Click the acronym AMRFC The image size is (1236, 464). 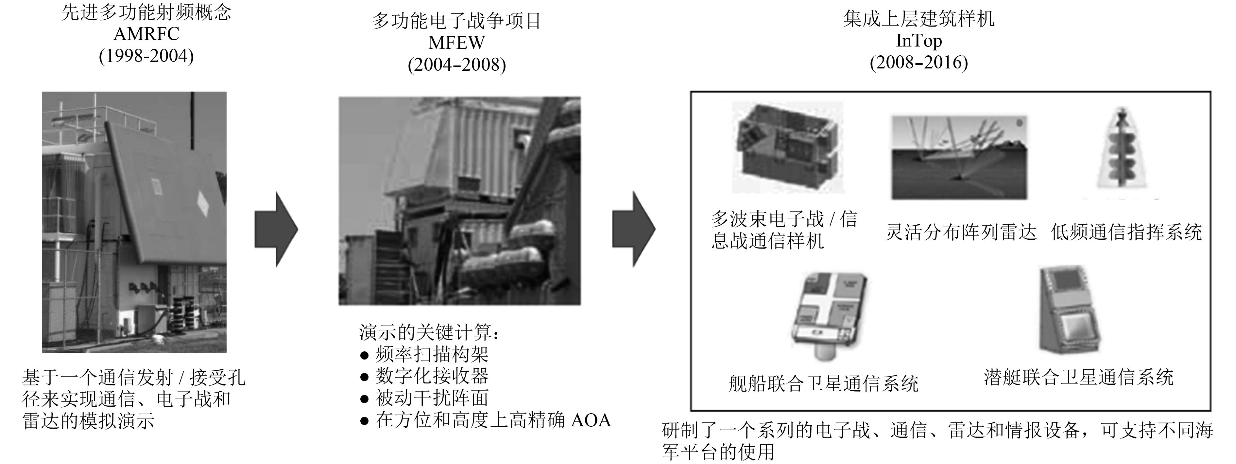pos(146,34)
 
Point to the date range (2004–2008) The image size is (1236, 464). pos(457,65)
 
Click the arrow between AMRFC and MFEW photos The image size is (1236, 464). pos(276,230)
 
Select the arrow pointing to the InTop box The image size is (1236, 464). pos(634,229)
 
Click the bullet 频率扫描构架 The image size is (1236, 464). pos(425,355)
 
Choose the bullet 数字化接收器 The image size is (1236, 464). pos(425,376)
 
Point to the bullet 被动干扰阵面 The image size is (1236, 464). pos(425,398)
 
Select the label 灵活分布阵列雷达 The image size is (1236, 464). pos(961,232)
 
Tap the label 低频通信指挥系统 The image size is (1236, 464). pos(1126,232)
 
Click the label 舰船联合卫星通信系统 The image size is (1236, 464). pos(823,384)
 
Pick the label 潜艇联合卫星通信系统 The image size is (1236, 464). pos(1079,377)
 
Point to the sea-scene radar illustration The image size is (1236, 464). pos(959,157)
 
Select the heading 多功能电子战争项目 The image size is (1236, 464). pos(457,21)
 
